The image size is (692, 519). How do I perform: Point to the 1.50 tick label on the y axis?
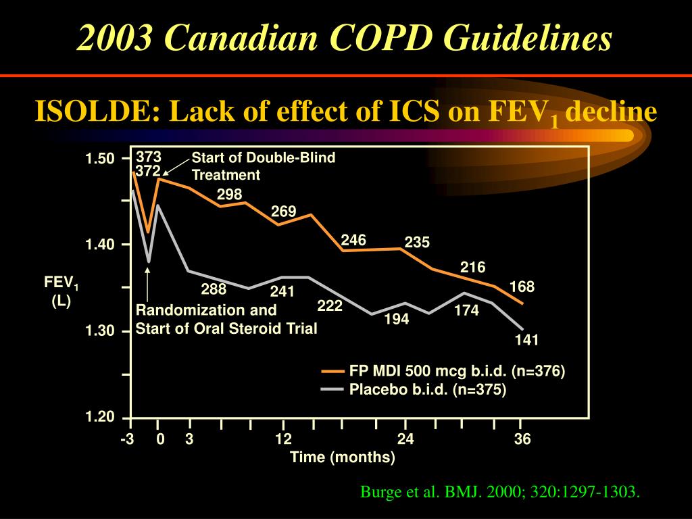(x=100, y=159)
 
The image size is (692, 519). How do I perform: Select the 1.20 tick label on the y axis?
(x=100, y=417)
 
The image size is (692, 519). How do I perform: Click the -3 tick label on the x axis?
(x=128, y=440)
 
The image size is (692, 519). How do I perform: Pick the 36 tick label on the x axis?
(x=522, y=440)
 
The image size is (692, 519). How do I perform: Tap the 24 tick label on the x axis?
(x=405, y=440)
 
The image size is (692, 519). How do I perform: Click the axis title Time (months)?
(x=343, y=458)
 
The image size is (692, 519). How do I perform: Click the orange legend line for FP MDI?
(x=332, y=371)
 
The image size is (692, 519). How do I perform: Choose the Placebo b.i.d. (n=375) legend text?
(x=427, y=389)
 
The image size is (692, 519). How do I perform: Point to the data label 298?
(x=229, y=195)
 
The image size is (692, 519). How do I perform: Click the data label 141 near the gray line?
(x=526, y=340)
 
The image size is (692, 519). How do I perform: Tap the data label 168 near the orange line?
(x=522, y=287)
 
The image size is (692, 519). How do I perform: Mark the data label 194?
(x=397, y=320)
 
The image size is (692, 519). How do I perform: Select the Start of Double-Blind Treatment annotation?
(x=263, y=166)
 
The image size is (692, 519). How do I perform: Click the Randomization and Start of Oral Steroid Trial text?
(x=226, y=320)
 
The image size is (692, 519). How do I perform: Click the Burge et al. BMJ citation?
(x=499, y=492)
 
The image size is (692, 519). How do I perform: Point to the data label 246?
(x=353, y=241)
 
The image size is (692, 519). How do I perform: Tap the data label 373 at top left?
(x=149, y=157)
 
